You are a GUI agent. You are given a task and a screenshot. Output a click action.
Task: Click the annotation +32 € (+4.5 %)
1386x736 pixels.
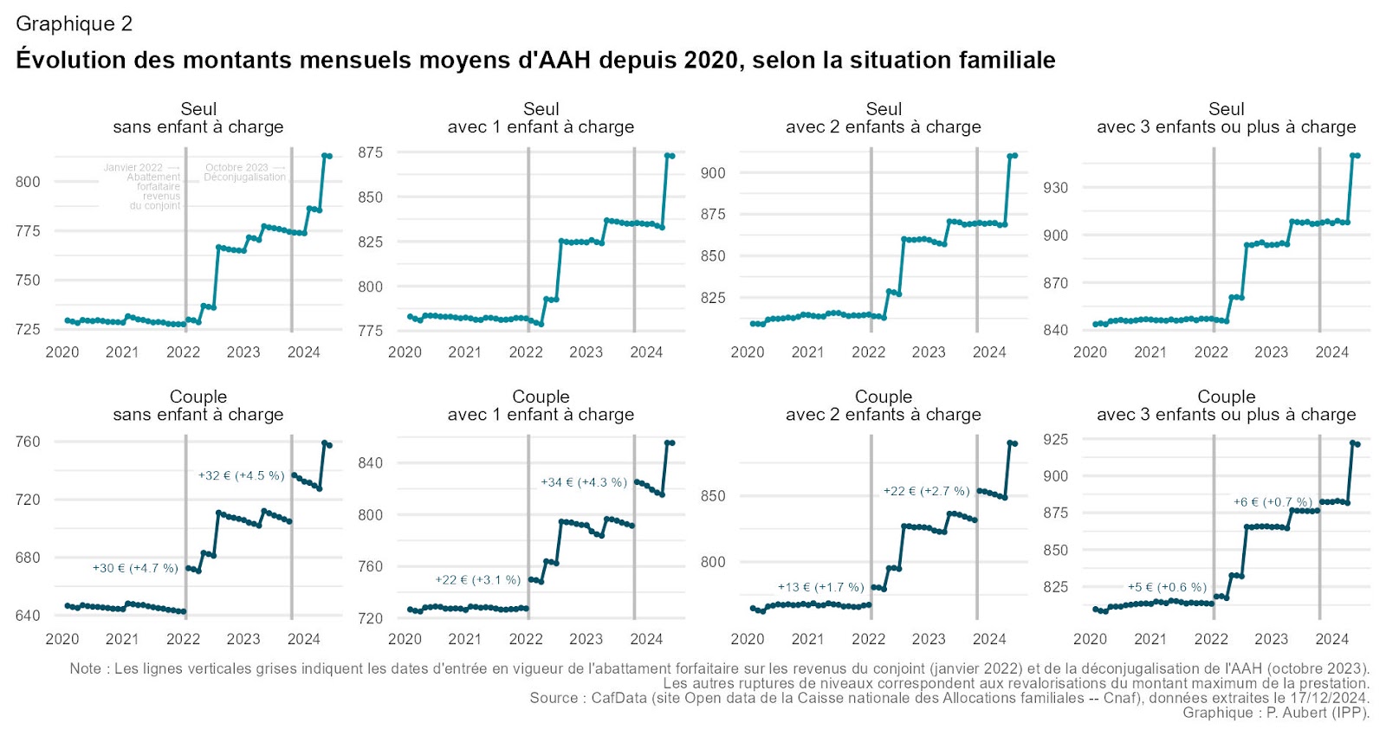pos(241,475)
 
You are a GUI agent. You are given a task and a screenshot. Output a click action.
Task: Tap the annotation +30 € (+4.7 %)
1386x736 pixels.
pos(135,568)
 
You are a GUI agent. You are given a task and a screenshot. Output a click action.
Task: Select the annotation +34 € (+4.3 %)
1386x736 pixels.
pos(583,482)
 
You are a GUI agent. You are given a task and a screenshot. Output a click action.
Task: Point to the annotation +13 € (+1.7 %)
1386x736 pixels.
pos(820,587)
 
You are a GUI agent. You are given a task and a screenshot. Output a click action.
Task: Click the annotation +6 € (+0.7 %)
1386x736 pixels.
pos(1273,502)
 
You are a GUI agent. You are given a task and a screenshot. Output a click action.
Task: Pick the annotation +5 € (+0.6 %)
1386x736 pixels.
pos(1167,587)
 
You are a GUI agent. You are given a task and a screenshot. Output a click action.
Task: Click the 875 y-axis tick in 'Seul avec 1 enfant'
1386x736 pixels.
pos(370,152)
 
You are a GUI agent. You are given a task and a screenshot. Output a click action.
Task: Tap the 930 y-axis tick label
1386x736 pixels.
pos(1055,187)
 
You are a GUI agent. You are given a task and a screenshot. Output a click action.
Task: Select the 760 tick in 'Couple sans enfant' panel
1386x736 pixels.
pos(28,442)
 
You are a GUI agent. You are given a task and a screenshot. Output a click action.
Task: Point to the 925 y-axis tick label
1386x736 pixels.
pos(1055,440)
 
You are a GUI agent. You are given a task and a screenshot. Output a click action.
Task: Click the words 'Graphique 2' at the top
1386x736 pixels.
pos(74,23)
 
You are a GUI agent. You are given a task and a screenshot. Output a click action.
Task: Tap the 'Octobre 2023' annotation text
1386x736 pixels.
pos(236,167)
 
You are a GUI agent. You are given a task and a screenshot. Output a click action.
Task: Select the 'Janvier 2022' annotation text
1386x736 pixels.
pos(133,167)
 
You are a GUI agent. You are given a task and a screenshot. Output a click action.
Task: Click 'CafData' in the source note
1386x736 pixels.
pos(619,698)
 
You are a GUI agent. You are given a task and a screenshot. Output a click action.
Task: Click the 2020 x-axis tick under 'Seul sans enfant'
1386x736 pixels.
pos(62,352)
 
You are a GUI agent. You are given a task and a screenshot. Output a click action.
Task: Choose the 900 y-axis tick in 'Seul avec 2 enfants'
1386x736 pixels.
pos(713,173)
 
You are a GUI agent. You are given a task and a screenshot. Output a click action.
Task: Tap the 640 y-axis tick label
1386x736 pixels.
pos(28,616)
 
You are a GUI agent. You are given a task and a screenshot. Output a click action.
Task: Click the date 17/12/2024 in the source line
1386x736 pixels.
pos(1325,698)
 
